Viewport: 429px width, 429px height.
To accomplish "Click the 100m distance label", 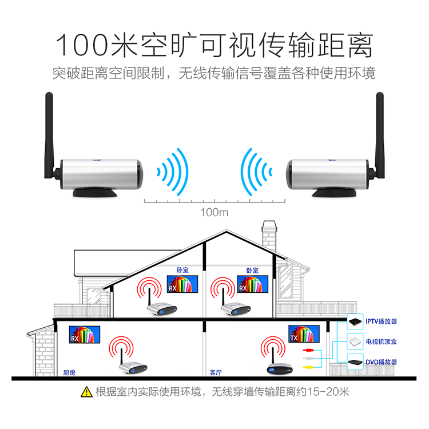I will [214, 213].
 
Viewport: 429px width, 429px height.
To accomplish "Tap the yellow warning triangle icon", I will [86, 392].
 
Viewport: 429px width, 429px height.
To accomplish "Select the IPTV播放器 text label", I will [382, 322].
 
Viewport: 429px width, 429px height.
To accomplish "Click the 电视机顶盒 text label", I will [382, 342].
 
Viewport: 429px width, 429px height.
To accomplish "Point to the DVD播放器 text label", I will [382, 363].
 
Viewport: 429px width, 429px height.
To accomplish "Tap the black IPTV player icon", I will [356, 321].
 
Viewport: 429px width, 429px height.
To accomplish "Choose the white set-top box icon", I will [356, 342].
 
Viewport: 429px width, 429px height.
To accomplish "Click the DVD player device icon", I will [356, 362].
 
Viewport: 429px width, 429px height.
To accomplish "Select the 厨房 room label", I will [69, 372].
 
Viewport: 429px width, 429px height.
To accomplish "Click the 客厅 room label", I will [216, 372].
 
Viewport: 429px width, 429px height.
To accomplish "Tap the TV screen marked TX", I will [304, 335].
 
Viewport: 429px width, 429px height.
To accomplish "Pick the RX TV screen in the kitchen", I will [84, 335].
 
